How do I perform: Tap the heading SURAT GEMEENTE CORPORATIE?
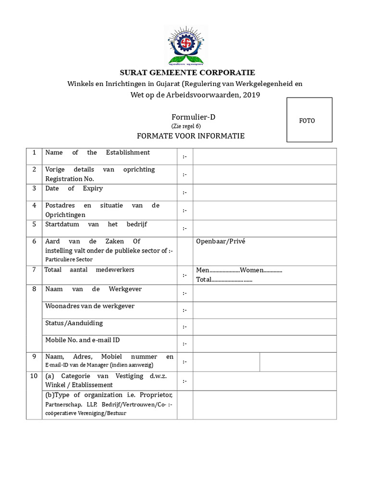click(x=187, y=73)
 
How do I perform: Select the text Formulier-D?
click(x=191, y=118)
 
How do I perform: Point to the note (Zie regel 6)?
click(x=186, y=126)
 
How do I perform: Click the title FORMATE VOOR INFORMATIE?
click(x=191, y=136)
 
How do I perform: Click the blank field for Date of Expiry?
click(x=265, y=192)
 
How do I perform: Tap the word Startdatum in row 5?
click(x=61, y=224)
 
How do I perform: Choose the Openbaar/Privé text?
click(x=221, y=241)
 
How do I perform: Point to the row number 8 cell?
click(x=34, y=289)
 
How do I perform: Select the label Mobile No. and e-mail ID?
click(x=83, y=340)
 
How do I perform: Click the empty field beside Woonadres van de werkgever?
click(x=265, y=310)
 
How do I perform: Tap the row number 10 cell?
click(x=34, y=376)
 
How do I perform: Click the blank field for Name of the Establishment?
click(x=265, y=156)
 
